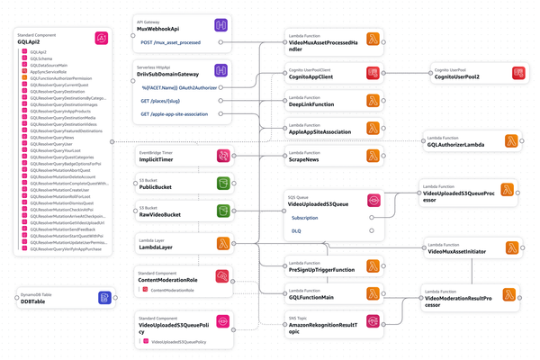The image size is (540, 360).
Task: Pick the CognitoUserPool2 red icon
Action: coord(517,75)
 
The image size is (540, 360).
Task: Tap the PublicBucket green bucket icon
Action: coord(220,185)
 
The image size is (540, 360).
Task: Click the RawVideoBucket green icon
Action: coord(220,212)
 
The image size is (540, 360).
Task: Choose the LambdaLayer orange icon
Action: coord(220,243)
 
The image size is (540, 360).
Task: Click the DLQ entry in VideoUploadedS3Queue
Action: coord(298,230)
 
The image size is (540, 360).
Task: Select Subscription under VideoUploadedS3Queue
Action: coord(305,217)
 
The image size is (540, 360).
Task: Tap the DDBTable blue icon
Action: coord(104,296)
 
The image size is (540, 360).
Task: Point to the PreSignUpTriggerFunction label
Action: coord(320,268)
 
